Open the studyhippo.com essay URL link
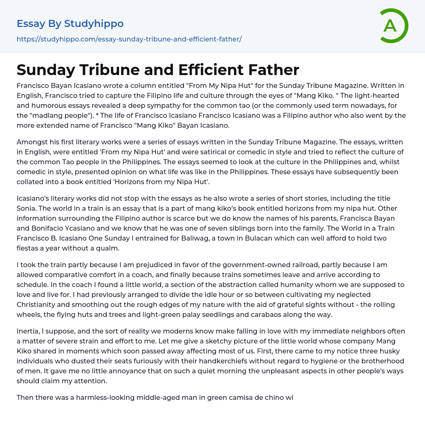pyautogui.click(x=129, y=39)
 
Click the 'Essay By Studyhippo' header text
pyautogui.click(x=70, y=24)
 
